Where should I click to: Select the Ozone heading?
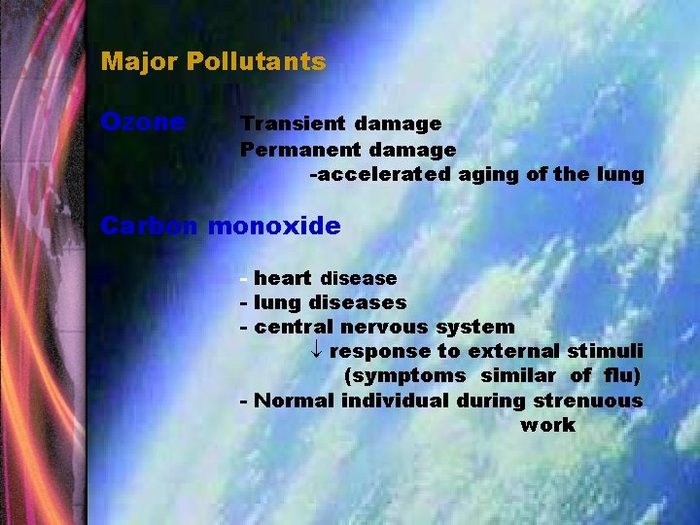click(143, 122)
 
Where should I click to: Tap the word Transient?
click(293, 123)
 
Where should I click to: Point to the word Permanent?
click(299, 150)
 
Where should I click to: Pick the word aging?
click(485, 175)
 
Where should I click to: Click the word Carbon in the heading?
click(150, 226)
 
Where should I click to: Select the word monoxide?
click(274, 226)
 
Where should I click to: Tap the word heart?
click(283, 279)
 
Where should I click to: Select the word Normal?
click(294, 401)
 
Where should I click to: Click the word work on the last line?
click(547, 426)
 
